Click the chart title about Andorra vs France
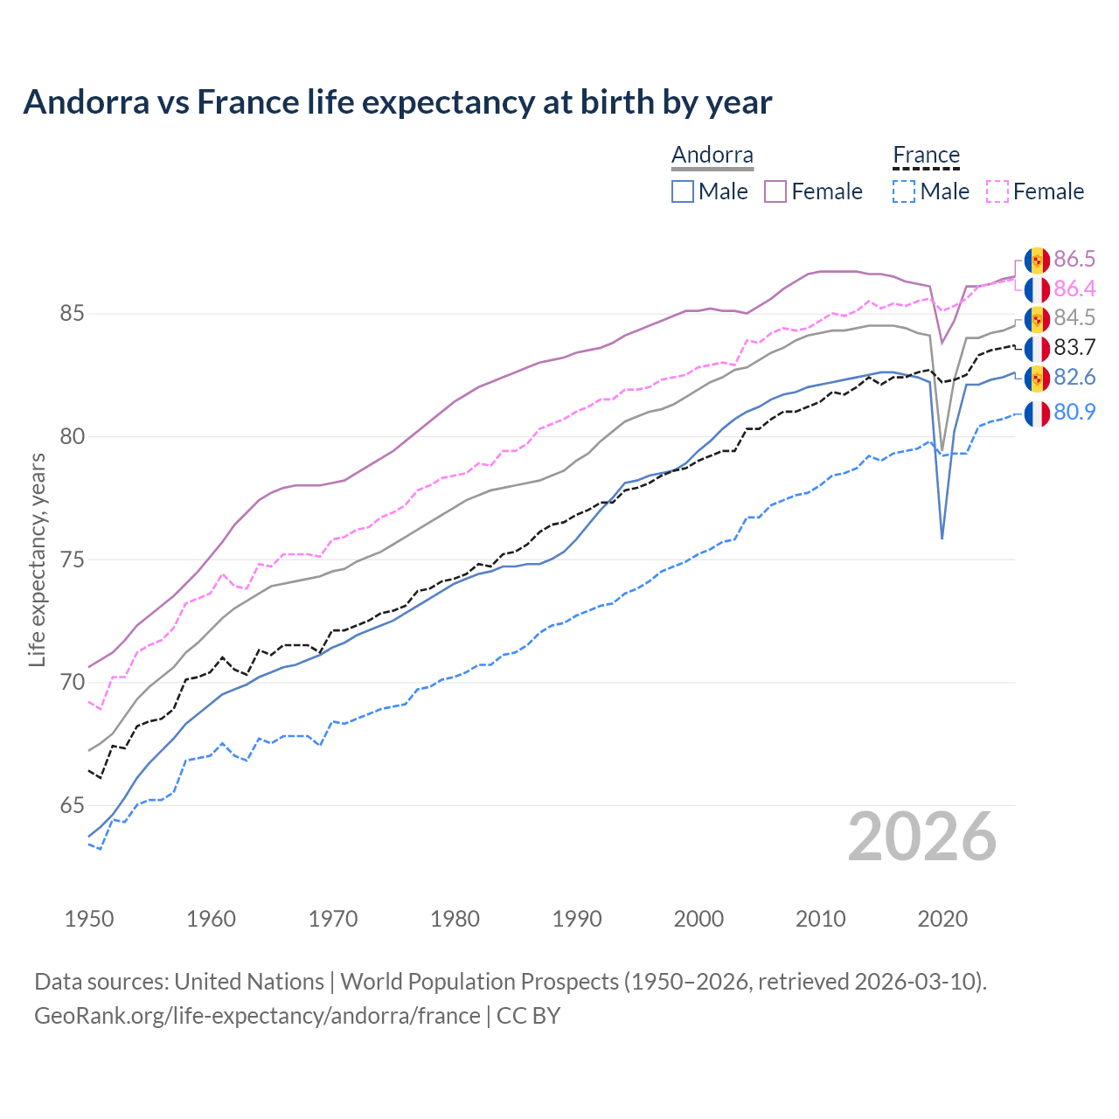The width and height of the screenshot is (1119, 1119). (x=398, y=102)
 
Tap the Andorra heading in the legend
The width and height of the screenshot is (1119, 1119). (x=712, y=155)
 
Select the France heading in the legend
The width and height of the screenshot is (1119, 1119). (x=926, y=155)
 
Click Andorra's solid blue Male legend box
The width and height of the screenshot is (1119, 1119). (x=683, y=191)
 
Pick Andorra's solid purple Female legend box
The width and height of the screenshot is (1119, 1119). (x=775, y=191)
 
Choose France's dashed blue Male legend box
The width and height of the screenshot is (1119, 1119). (x=904, y=191)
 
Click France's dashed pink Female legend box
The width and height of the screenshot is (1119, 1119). (x=997, y=191)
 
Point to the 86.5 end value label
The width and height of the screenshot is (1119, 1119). (x=1074, y=259)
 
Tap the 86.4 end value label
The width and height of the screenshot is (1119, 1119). (x=1074, y=288)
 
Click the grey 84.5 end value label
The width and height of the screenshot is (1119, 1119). (x=1074, y=318)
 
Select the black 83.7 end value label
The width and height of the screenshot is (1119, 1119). (x=1074, y=348)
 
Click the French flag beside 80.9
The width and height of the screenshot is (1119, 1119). (x=1037, y=413)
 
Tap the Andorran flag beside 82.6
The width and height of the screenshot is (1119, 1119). (x=1037, y=378)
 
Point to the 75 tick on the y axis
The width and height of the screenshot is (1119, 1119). (x=72, y=559)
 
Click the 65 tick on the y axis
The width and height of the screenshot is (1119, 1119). (x=72, y=805)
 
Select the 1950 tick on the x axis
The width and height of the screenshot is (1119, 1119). (x=89, y=919)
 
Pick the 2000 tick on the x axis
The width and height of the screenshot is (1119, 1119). (x=699, y=919)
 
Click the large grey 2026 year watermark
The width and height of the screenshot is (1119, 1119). (x=922, y=838)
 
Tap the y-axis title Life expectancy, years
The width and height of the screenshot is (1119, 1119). (x=37, y=559)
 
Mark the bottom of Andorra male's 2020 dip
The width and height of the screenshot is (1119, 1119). (x=942, y=538)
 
